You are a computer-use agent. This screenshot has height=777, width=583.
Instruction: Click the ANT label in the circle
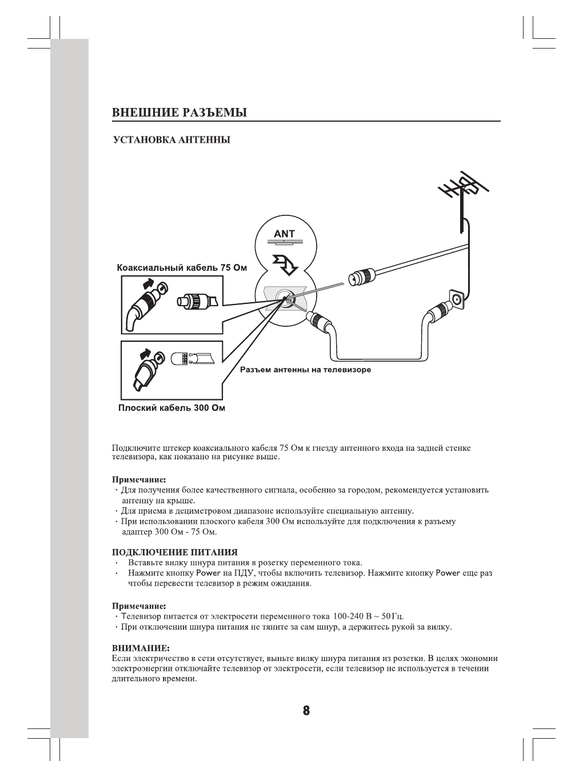tap(285, 234)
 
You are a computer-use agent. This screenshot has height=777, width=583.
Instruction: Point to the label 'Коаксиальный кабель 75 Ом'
tap(182, 267)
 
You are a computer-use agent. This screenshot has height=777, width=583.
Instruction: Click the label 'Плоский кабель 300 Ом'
tap(171, 408)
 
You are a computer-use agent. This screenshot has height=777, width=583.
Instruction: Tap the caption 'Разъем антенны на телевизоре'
tap(305, 370)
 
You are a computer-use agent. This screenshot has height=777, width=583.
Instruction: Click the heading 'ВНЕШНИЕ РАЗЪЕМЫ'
tap(179, 113)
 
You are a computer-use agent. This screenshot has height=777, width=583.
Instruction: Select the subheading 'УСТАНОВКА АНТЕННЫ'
tap(171, 140)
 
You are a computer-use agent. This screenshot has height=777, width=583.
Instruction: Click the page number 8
tap(306, 711)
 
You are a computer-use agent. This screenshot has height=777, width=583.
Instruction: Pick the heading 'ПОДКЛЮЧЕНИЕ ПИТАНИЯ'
tap(174, 552)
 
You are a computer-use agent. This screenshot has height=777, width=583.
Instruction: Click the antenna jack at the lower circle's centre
tap(284, 298)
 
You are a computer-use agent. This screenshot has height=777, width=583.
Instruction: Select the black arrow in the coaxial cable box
tap(147, 283)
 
